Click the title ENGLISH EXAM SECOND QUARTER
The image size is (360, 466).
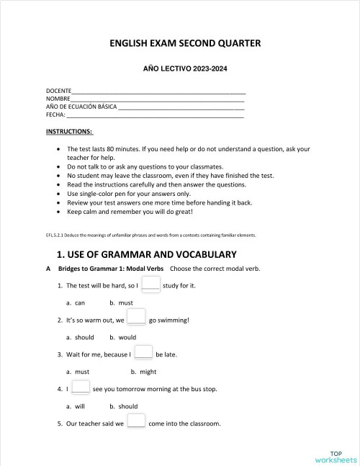click(185, 43)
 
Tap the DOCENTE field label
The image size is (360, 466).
click(58, 91)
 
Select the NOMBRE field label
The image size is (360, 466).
click(58, 99)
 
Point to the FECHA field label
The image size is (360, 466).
click(55, 115)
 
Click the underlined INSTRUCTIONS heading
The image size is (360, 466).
click(69, 132)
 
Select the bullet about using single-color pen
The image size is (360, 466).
click(128, 194)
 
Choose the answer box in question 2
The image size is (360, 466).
click(137, 318)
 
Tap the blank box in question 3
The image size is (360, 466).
click(143, 353)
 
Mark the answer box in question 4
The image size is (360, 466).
click(81, 387)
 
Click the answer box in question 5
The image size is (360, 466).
click(136, 422)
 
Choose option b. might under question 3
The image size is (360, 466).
click(143, 372)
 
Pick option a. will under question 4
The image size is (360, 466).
click(76, 406)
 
